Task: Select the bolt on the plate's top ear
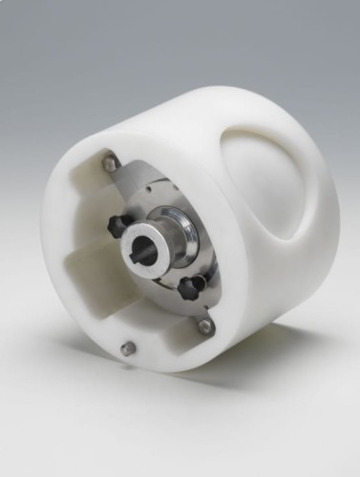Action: (x=112, y=164)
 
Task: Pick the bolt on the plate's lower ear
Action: (x=204, y=325)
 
